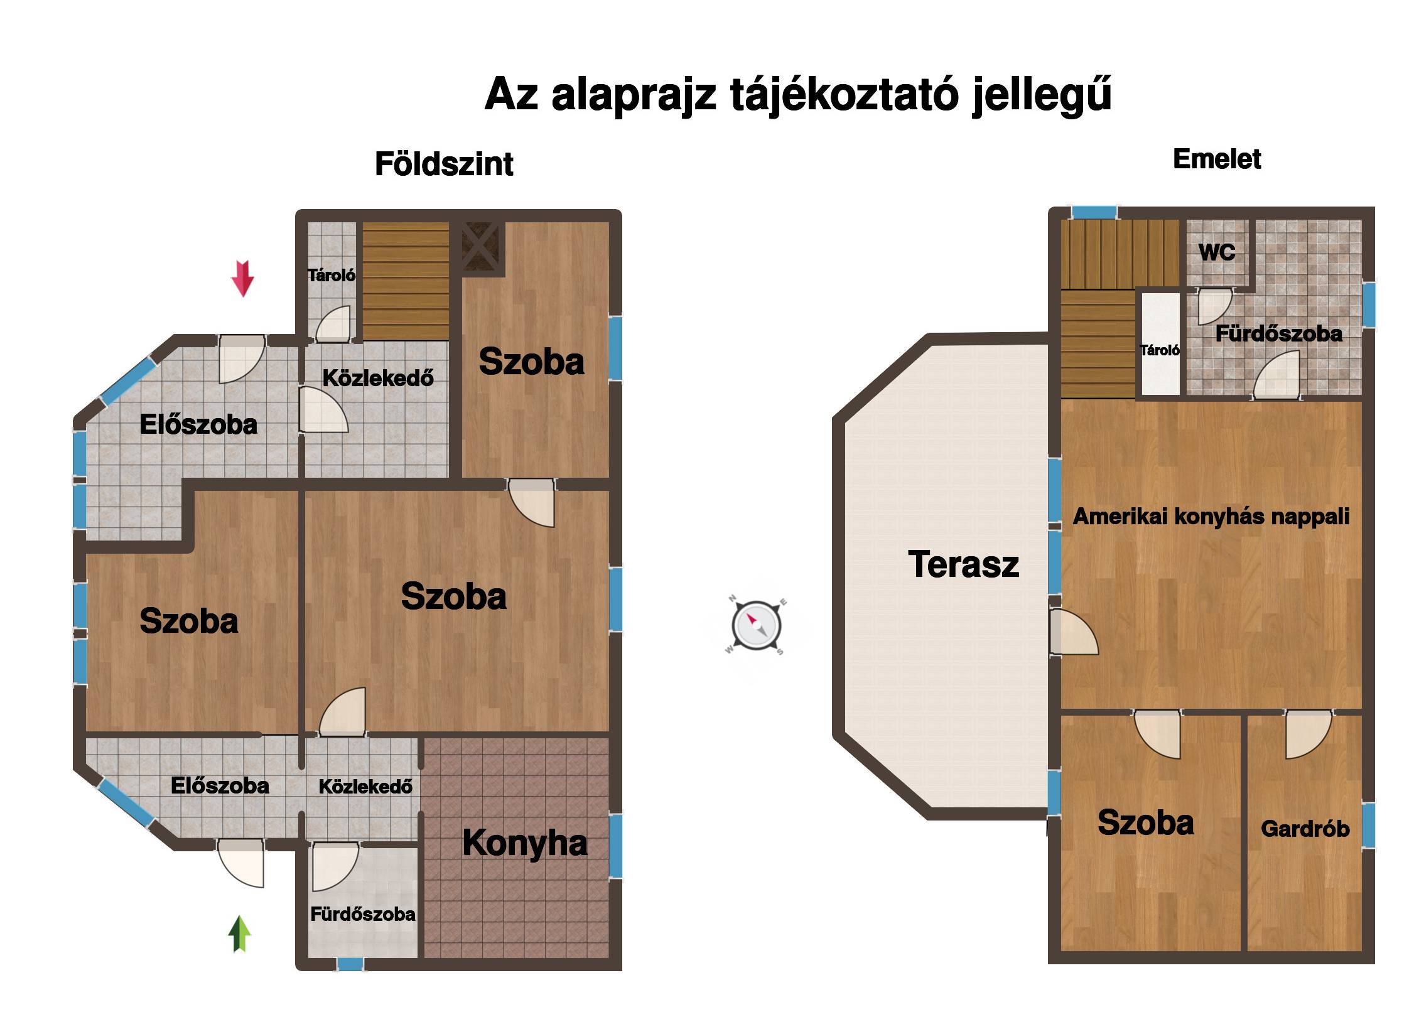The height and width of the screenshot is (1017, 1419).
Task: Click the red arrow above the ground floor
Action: tap(242, 278)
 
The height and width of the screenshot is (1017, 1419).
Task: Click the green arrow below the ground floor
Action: tap(239, 934)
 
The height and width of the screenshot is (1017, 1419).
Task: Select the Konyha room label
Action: tap(525, 842)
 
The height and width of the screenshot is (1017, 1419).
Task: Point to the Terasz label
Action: tap(963, 564)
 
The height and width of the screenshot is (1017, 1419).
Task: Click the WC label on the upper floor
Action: tap(1217, 252)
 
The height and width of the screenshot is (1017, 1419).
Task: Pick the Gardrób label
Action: tap(1305, 829)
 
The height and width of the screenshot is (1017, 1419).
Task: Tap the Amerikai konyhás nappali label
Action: tap(1211, 517)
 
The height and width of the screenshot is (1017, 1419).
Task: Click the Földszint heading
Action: tap(444, 164)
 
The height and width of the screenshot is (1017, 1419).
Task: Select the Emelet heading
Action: tap(1217, 159)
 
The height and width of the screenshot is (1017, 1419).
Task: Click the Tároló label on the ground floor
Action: tap(332, 275)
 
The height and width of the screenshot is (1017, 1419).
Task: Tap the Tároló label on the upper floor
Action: tap(1160, 350)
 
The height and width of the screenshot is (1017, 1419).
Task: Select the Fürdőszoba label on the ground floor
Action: tap(363, 914)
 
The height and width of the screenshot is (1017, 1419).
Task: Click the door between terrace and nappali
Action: tap(1073, 632)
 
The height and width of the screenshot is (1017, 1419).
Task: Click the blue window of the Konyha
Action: tap(615, 846)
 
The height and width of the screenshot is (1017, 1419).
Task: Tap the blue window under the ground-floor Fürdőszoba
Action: tap(350, 964)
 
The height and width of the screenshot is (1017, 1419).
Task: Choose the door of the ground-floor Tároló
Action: tap(333, 324)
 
